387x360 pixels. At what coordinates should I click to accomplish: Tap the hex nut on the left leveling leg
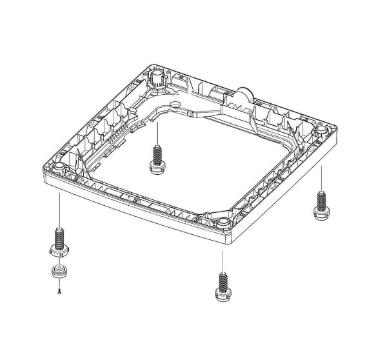[59, 249]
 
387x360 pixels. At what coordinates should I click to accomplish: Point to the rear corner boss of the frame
[156, 78]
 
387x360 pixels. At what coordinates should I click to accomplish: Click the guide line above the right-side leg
[320, 177]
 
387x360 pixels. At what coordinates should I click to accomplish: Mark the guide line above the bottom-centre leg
[223, 258]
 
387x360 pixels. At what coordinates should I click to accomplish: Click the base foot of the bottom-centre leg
[223, 296]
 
